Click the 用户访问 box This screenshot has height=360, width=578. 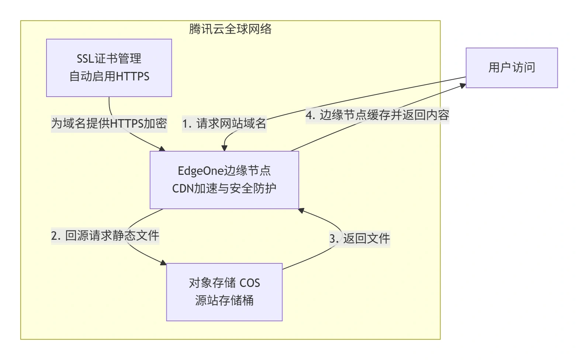tap(511, 68)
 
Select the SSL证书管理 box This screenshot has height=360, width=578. tap(109, 68)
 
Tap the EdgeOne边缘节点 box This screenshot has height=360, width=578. tap(224, 180)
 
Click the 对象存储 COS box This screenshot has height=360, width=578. tap(224, 292)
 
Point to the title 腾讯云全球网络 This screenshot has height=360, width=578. tap(230, 29)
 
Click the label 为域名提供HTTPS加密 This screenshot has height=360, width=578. tap(109, 123)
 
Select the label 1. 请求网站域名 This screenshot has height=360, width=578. tap(224, 124)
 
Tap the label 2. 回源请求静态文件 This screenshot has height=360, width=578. tap(105, 235)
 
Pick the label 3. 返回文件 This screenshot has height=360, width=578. tap(359, 239)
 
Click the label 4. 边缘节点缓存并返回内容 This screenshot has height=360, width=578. tap(377, 115)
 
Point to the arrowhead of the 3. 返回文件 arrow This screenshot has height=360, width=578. tap(301, 211)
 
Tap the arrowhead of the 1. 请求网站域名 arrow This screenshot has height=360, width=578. tap(224, 148)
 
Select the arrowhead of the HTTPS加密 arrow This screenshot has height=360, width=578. tap(162, 149)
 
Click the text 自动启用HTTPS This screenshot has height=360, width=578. tap(109, 77)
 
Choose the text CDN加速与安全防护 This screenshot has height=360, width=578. tap(224, 188)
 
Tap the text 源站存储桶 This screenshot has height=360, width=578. tap(224, 301)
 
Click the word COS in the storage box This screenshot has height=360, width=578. tap(250, 283)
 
